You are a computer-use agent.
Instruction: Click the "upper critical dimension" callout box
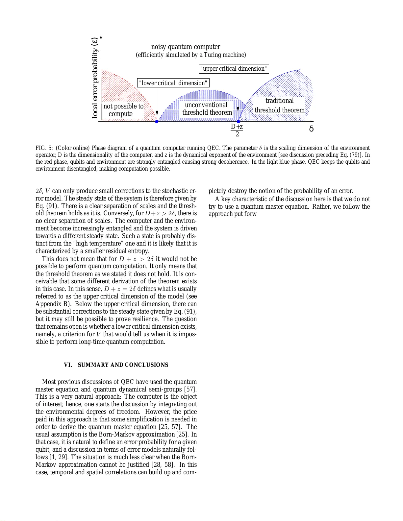pyautogui.click(x=234, y=69)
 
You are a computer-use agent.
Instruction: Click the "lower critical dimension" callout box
pyautogui.click(x=173, y=83)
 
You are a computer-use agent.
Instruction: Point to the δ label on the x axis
pyautogui.click(x=311, y=129)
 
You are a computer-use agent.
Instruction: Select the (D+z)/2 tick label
pyautogui.click(x=237, y=130)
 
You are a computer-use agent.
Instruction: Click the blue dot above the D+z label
pyautogui.click(x=239, y=122)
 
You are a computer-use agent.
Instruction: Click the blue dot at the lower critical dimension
pyautogui.click(x=157, y=122)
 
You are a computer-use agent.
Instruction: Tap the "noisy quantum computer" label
pyautogui.click(x=186, y=47)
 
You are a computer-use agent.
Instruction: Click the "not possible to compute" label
pyautogui.click(x=123, y=110)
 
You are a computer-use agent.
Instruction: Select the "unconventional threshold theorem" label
pyautogui.click(x=207, y=109)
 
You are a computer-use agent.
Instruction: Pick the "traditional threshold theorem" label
pyautogui.click(x=279, y=106)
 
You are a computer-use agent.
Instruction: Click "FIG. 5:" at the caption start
pyautogui.click(x=44, y=148)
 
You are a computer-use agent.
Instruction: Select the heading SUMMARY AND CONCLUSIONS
pyautogui.click(x=123, y=365)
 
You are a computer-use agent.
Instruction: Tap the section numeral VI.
pyautogui.click(x=68, y=365)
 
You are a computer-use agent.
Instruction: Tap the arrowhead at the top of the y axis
pyautogui.click(x=101, y=37)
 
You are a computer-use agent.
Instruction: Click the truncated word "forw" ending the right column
pyautogui.click(x=250, y=214)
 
